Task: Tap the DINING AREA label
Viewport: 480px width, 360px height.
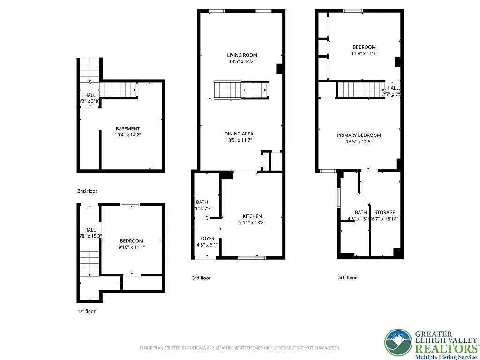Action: tap(239, 134)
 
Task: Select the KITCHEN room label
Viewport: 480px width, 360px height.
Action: tap(252, 216)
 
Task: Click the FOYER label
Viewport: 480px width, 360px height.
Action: tap(207, 238)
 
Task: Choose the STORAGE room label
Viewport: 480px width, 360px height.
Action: tap(384, 212)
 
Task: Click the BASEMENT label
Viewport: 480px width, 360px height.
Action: tap(127, 128)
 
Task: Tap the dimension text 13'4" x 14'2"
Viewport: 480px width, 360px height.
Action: tap(127, 135)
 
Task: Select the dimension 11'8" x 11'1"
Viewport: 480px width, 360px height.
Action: tap(364, 54)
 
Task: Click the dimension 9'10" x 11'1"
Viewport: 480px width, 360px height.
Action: tap(131, 247)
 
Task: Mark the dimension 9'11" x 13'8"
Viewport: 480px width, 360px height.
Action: tap(252, 223)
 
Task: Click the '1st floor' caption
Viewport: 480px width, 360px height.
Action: tap(87, 311)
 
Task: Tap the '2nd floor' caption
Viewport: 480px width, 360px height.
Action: tap(87, 191)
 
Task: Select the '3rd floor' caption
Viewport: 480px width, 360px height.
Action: tap(201, 278)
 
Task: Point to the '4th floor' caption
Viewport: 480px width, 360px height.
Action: tap(347, 278)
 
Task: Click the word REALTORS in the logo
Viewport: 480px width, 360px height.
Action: tap(445, 348)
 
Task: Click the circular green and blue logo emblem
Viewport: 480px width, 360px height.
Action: tap(398, 343)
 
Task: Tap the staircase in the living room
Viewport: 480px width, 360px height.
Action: tap(241, 89)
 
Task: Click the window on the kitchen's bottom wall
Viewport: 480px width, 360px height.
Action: tap(252, 257)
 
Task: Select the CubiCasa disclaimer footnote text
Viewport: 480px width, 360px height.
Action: tap(240, 348)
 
